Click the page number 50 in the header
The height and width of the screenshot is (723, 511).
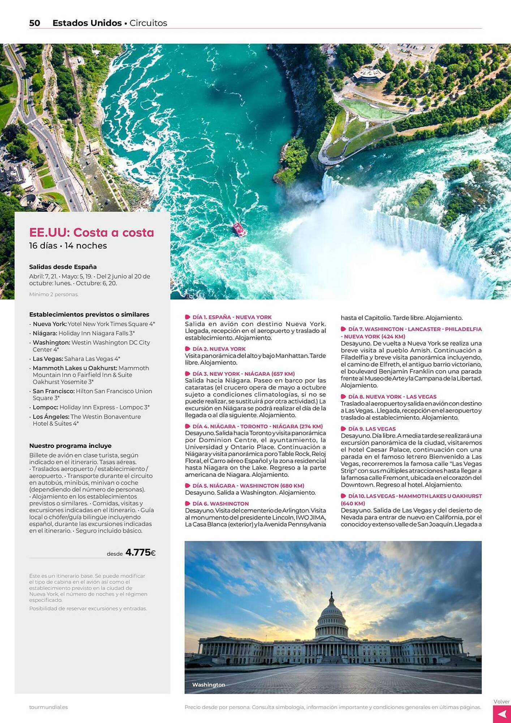click(x=35, y=23)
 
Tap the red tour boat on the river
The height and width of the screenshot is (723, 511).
click(x=239, y=229)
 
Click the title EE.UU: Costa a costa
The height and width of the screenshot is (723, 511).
click(x=91, y=232)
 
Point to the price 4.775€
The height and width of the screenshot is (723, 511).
click(x=140, y=552)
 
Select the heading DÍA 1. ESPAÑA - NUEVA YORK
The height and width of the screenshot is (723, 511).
click(x=232, y=317)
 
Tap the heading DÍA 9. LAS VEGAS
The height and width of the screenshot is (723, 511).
click(x=372, y=429)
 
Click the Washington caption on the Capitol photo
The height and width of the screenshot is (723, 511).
click(x=209, y=685)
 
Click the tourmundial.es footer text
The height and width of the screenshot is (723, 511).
click(x=48, y=707)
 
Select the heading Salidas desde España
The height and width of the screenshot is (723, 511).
click(x=63, y=267)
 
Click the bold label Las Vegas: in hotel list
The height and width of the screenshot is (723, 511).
click(x=48, y=359)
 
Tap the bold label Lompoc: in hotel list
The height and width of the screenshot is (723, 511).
click(x=45, y=407)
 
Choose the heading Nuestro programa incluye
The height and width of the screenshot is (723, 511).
click(x=70, y=446)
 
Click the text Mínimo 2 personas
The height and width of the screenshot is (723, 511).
click(x=54, y=294)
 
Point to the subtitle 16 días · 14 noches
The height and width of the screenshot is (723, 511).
click(x=68, y=246)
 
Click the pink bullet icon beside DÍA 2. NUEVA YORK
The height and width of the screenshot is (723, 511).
click(x=188, y=349)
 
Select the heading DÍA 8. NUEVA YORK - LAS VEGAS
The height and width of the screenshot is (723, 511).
click(x=392, y=397)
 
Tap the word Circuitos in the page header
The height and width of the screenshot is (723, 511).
click(x=148, y=23)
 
